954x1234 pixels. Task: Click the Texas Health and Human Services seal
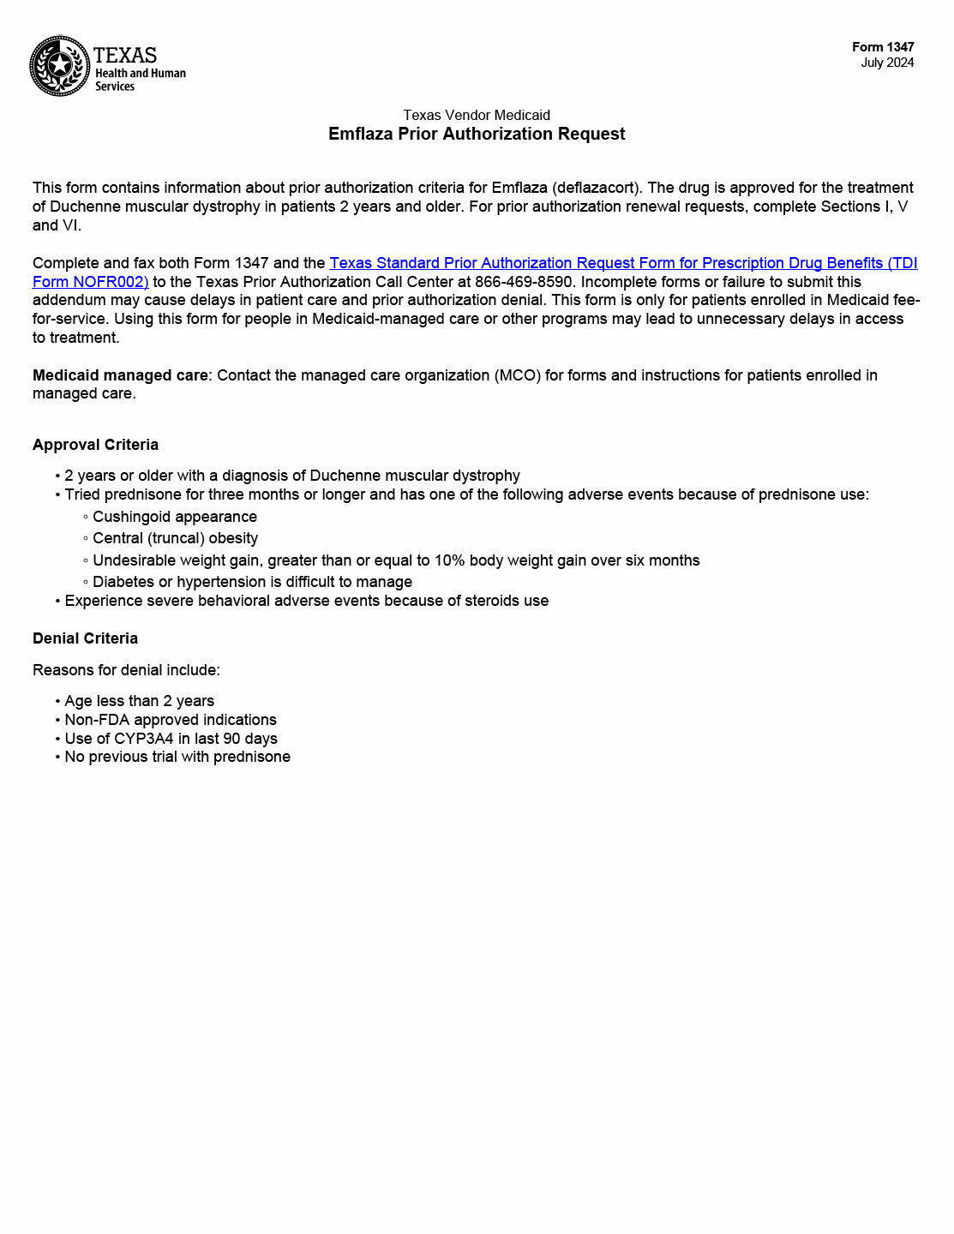60,66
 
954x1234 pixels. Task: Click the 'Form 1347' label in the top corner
883,47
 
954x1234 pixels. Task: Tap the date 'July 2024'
887,63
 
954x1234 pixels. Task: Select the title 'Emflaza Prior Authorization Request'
477,134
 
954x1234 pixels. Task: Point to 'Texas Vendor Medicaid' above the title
477,115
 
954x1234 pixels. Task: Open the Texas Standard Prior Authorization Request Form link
622,263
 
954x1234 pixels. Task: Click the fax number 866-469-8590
524,282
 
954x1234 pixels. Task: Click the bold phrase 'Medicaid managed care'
120,375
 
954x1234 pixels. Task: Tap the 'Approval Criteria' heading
95,445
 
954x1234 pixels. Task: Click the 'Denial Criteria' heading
85,638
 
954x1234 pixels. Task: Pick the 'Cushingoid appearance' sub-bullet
175,517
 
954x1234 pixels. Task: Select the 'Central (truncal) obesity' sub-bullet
175,538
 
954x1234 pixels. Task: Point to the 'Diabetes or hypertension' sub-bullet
252,582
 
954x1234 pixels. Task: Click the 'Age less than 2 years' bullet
139,701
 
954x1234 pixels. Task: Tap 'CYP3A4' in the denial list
143,739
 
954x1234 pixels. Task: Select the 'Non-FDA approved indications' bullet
171,720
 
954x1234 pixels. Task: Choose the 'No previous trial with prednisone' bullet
177,757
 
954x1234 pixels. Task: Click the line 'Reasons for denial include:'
126,670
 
